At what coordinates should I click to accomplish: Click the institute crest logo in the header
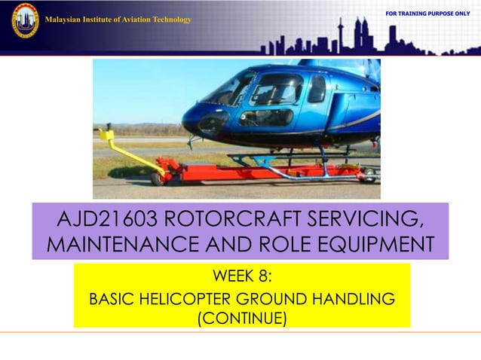pos(25,20)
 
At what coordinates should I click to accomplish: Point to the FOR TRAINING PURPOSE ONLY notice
pos(427,14)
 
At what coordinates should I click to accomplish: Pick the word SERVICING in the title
pos(366,220)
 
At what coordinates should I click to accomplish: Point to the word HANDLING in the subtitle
pos(354,299)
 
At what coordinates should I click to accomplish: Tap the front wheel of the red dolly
pos(158,178)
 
